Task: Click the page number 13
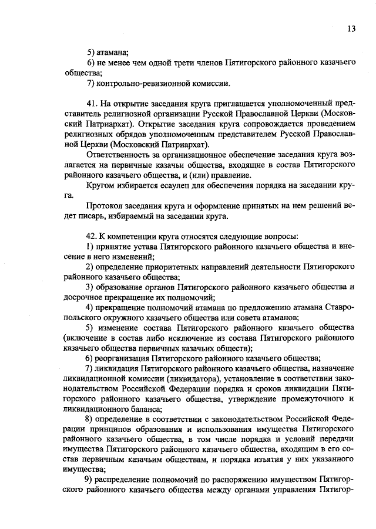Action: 351,28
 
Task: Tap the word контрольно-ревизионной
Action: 140,84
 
